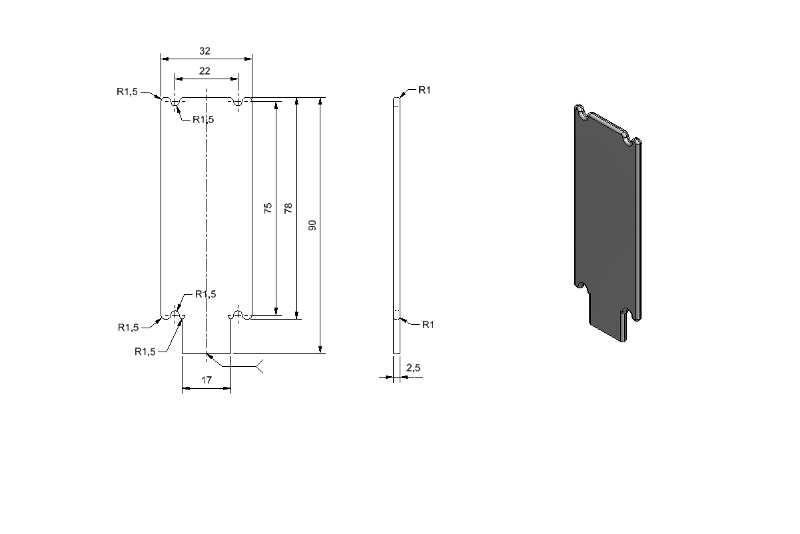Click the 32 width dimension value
pos(204,51)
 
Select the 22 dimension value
pos(204,71)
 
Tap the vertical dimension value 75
pos(268,208)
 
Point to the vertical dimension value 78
pos(288,208)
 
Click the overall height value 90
pos(312,225)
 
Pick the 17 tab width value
pos(206,380)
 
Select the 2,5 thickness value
pos(413,368)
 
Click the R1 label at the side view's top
pos(424,90)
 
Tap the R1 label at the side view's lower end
pos(428,324)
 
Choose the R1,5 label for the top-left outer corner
pos(127,92)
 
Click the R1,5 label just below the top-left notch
pos(203,120)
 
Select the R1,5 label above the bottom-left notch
pos(206,294)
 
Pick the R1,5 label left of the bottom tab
pos(145,352)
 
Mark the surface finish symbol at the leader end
pos(260,367)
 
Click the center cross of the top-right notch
pos(238,103)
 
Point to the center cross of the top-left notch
pos(175,103)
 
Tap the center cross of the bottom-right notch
pos(238,315)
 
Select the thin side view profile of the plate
pos(396,225)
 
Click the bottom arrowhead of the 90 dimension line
pos(320,349)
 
